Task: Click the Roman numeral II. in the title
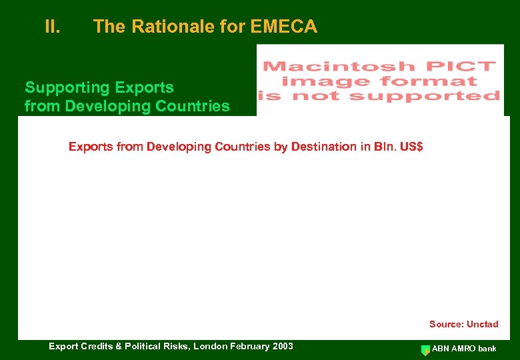(53, 27)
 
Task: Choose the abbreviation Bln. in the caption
(379, 147)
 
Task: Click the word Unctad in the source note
(482, 325)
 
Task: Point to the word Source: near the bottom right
(445, 325)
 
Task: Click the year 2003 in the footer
(282, 346)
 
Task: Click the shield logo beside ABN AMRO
(425, 349)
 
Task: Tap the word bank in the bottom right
(488, 349)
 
